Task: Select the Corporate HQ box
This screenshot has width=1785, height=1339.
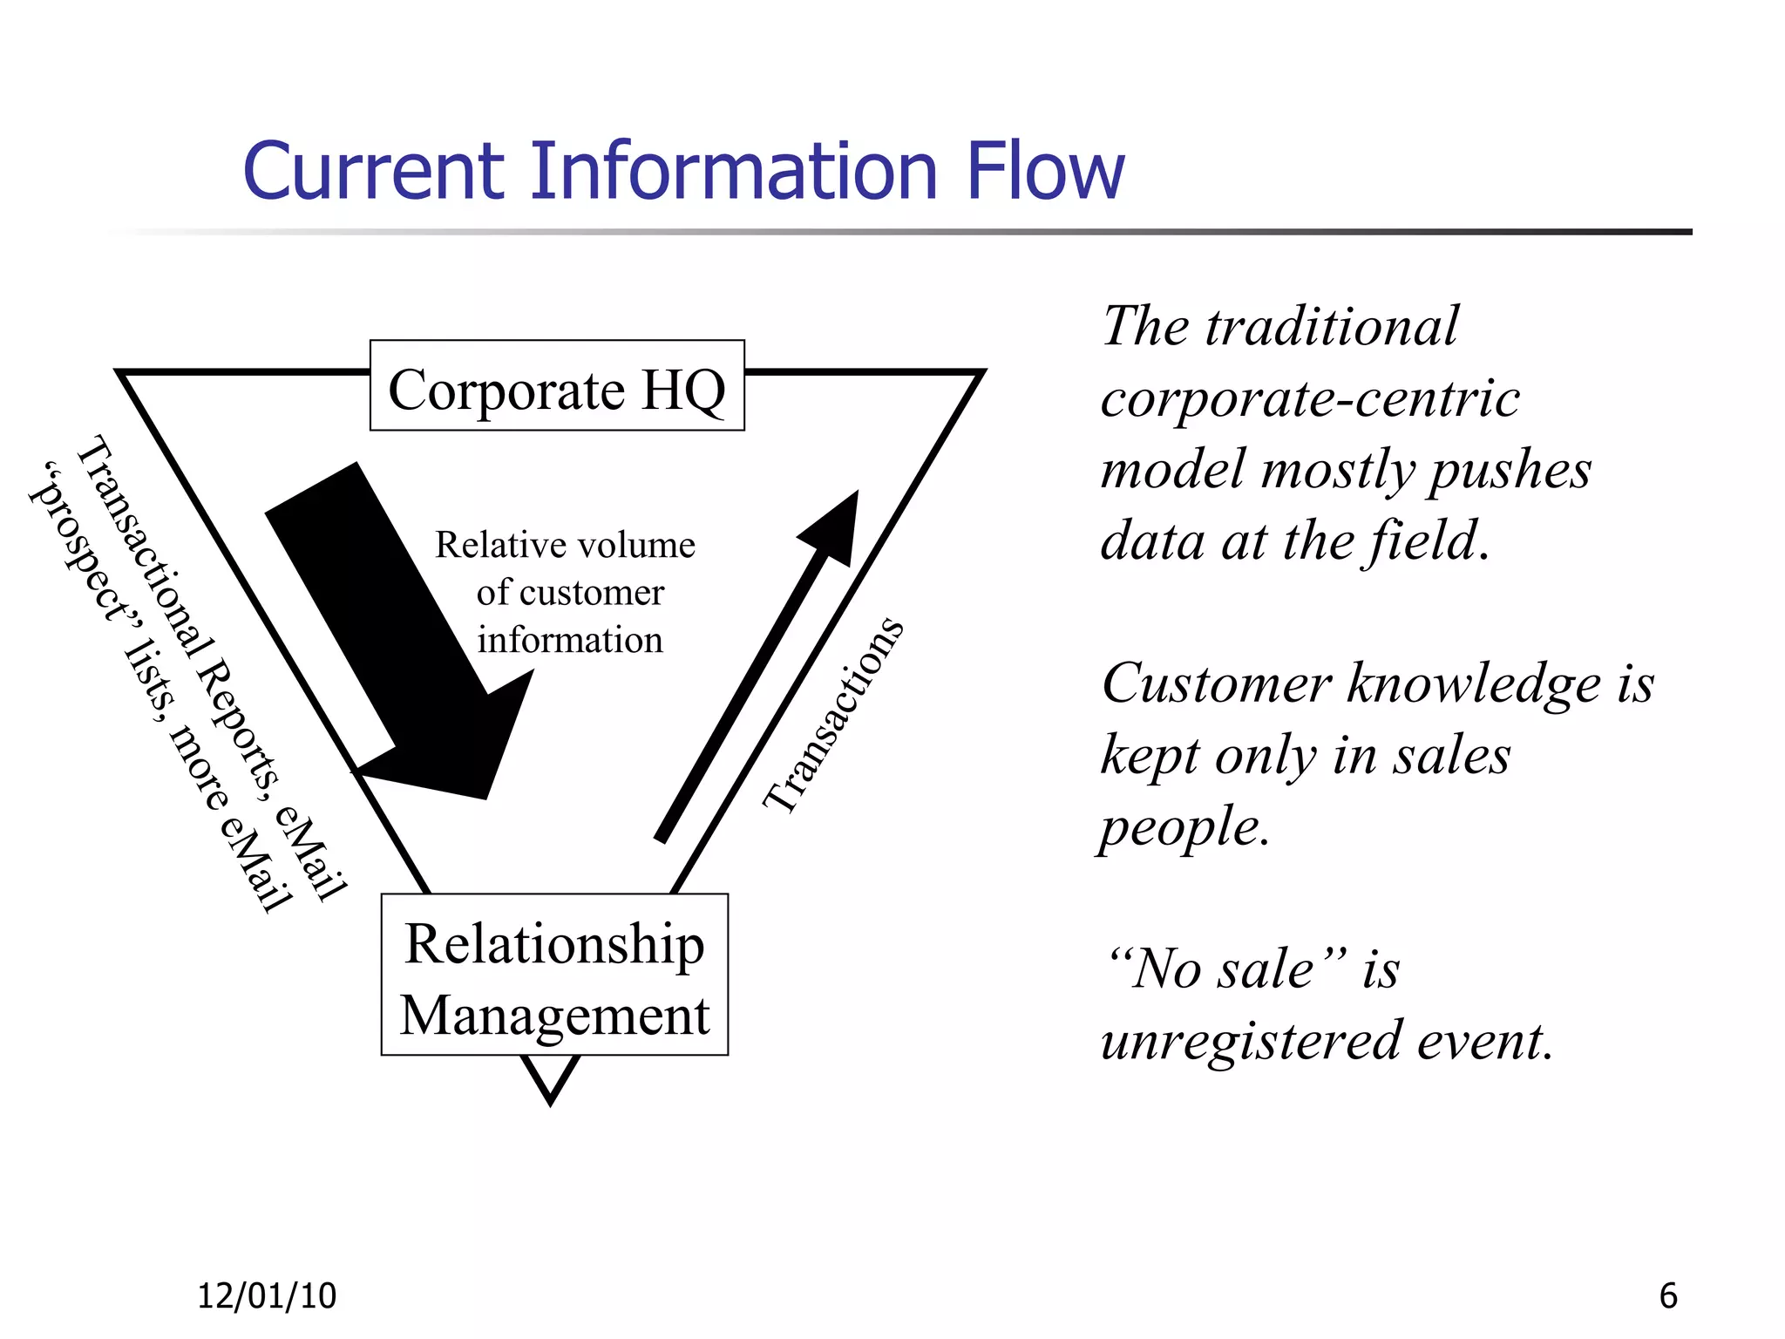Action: coord(557,386)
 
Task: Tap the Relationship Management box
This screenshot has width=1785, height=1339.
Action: coord(554,975)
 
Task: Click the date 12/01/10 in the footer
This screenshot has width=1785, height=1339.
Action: coord(267,1296)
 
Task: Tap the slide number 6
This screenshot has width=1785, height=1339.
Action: coord(1667,1296)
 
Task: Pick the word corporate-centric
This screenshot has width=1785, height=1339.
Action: coord(1310,399)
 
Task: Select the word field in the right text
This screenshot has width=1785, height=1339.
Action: coord(1423,540)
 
